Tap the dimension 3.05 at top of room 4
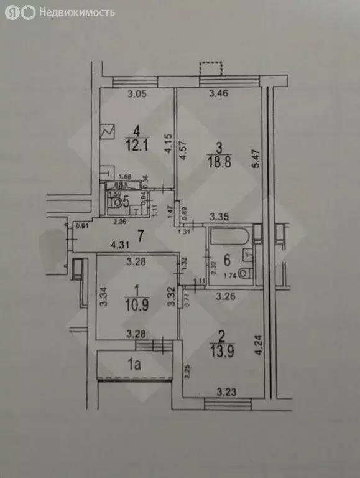click(136, 95)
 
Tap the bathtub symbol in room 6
click(228, 237)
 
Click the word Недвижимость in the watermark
click(77, 12)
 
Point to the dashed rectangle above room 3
click(211, 68)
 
